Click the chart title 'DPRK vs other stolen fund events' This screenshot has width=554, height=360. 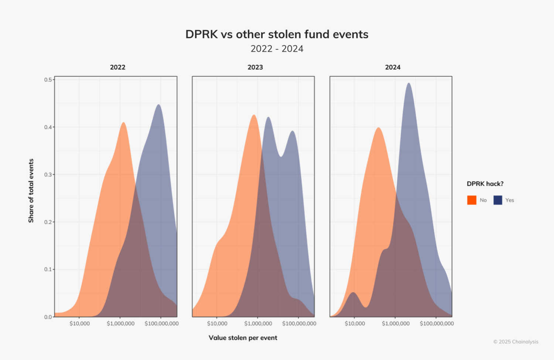pyautogui.click(x=277, y=34)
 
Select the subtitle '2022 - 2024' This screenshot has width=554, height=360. pyautogui.click(x=277, y=49)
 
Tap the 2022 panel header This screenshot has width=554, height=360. pyautogui.click(x=117, y=67)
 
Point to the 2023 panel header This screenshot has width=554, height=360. pyautogui.click(x=255, y=67)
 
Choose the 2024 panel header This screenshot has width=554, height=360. pyautogui.click(x=393, y=67)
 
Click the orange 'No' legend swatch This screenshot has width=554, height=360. pyautogui.click(x=472, y=200)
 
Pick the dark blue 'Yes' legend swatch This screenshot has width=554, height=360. pyautogui.click(x=497, y=200)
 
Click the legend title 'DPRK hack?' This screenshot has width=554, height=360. pyautogui.click(x=485, y=184)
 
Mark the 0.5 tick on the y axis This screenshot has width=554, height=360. pyautogui.click(x=48, y=80)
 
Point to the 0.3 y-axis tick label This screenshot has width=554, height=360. pyautogui.click(x=48, y=175)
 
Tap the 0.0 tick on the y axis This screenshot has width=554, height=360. pyautogui.click(x=48, y=317)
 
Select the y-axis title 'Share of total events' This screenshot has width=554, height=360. pyautogui.click(x=31, y=191)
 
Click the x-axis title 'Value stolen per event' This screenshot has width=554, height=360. pyautogui.click(x=243, y=337)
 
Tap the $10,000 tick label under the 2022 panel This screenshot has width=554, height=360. pyautogui.click(x=79, y=324)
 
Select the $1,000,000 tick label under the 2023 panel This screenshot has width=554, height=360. pyautogui.click(x=258, y=324)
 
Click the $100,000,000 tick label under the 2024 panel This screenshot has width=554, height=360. pyautogui.click(x=437, y=324)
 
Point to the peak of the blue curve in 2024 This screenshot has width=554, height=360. pyautogui.click(x=408, y=83)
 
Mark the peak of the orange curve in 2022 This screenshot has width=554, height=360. pyautogui.click(x=123, y=123)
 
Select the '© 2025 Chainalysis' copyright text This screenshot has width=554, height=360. pyautogui.click(x=516, y=342)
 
